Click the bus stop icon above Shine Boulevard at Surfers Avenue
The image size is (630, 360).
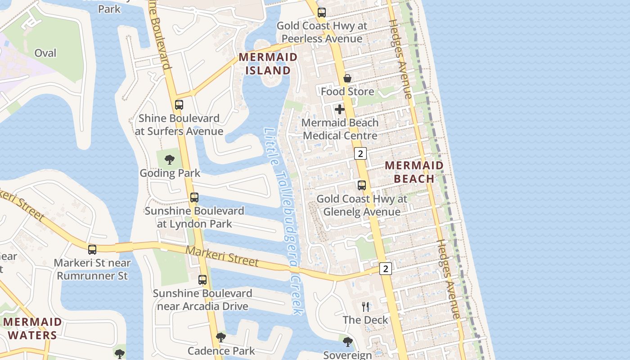[x=179, y=105]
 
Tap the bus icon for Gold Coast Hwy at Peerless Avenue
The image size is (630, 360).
[x=321, y=13]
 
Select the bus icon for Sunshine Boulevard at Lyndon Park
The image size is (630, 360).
[x=194, y=198]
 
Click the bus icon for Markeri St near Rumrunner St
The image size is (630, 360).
[x=92, y=249]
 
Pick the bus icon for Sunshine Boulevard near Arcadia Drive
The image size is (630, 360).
[x=202, y=280]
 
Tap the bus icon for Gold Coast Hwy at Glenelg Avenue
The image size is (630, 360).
[x=362, y=185]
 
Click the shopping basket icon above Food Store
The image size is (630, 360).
[x=347, y=79]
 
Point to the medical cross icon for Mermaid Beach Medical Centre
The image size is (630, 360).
[x=340, y=109]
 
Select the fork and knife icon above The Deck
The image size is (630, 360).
[x=365, y=307]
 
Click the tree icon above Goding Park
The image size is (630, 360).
[x=170, y=159]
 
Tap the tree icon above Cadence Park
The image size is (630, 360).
[x=220, y=337]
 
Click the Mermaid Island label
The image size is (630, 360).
[x=268, y=63]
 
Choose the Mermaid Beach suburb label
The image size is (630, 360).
[x=414, y=172]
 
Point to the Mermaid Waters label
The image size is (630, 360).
[x=32, y=328]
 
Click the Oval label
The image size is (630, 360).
[x=45, y=53]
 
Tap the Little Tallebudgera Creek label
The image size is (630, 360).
[x=283, y=220]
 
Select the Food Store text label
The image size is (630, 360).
[x=347, y=92]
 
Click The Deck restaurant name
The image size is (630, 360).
[x=365, y=320]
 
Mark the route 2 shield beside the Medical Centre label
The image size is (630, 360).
[x=360, y=153]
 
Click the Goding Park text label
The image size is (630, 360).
[x=170, y=173]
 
